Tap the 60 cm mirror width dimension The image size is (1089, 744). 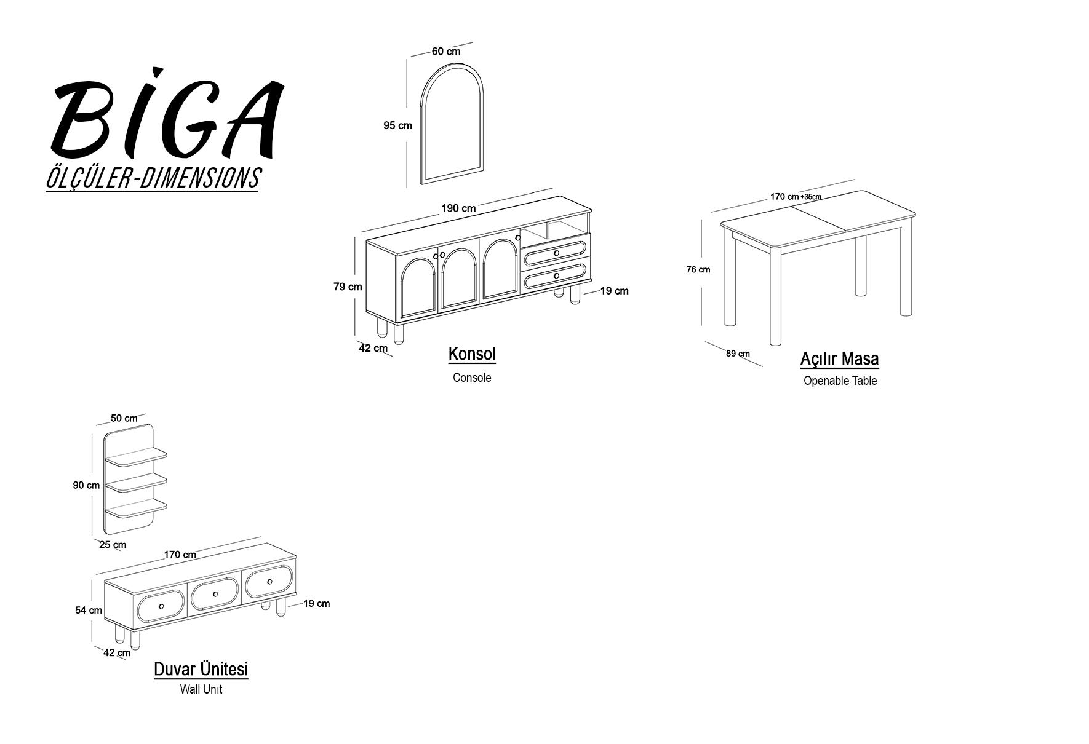(445, 52)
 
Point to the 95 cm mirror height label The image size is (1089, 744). (397, 125)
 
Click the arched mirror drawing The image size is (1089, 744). (452, 121)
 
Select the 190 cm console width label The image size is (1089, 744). (458, 208)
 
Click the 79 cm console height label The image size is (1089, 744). (348, 287)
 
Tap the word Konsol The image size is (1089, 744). (472, 354)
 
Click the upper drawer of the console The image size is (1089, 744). (555, 252)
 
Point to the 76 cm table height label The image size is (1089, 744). (698, 269)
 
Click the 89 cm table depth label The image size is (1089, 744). (738, 354)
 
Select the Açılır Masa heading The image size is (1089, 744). (839, 358)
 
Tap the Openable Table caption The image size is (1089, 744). (840, 381)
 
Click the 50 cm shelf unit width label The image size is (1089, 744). (124, 418)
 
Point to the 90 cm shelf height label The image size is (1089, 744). (86, 485)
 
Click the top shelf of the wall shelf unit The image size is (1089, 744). (136, 457)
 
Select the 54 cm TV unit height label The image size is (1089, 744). (89, 611)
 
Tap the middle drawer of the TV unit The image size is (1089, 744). (215, 594)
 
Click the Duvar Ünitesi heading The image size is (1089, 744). (201, 669)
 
